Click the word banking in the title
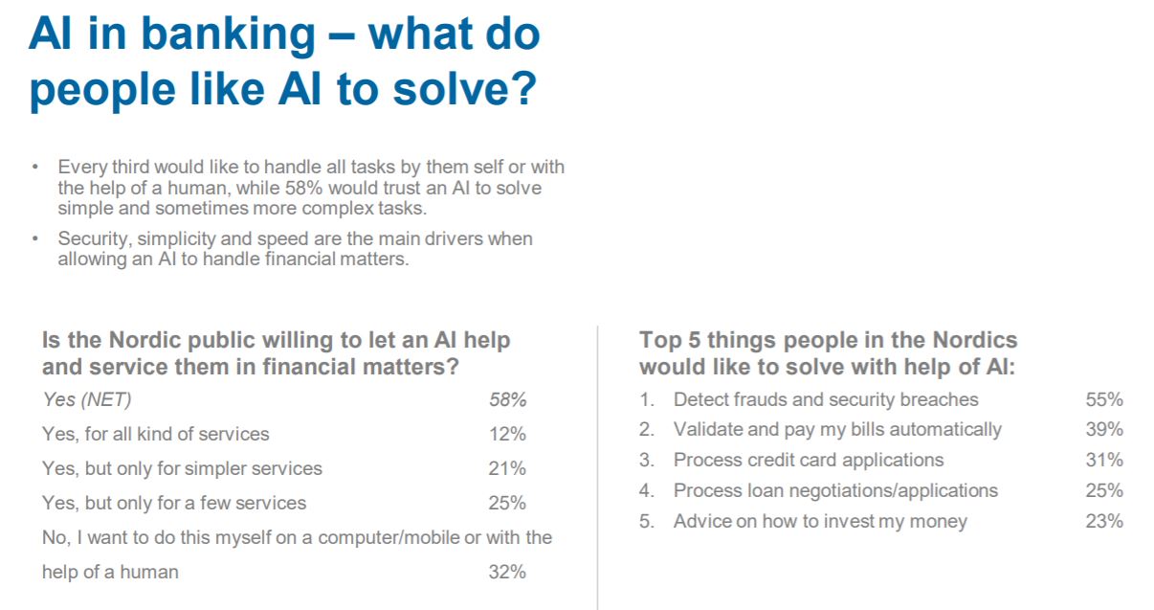pyautogui.click(x=228, y=35)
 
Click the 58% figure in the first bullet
pyautogui.click(x=303, y=188)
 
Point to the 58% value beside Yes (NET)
pyautogui.click(x=507, y=399)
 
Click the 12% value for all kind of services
pyautogui.click(x=507, y=434)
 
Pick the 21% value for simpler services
pyautogui.click(x=507, y=468)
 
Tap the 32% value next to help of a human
pyautogui.click(x=507, y=572)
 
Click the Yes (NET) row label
pyautogui.click(x=86, y=399)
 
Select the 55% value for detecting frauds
pyautogui.click(x=1104, y=399)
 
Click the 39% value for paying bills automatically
pyautogui.click(x=1104, y=430)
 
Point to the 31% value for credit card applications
pyautogui.click(x=1104, y=460)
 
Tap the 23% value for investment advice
pyautogui.click(x=1104, y=521)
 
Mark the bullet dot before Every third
pyautogui.click(x=35, y=167)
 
